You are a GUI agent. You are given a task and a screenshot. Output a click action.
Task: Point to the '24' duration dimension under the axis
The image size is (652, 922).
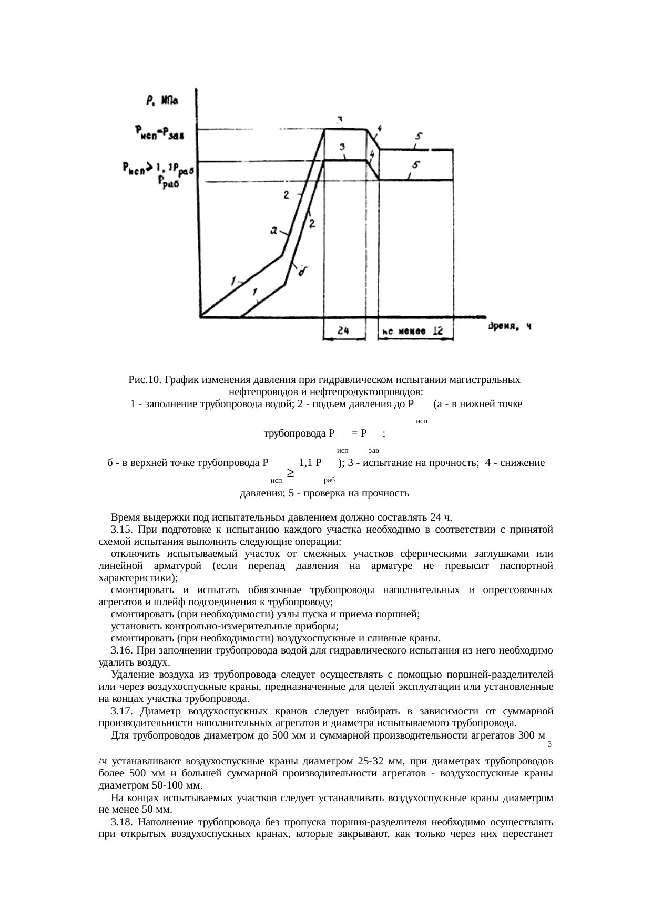coord(344,331)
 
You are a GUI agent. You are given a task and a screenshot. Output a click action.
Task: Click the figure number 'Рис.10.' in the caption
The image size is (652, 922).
coord(144,379)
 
